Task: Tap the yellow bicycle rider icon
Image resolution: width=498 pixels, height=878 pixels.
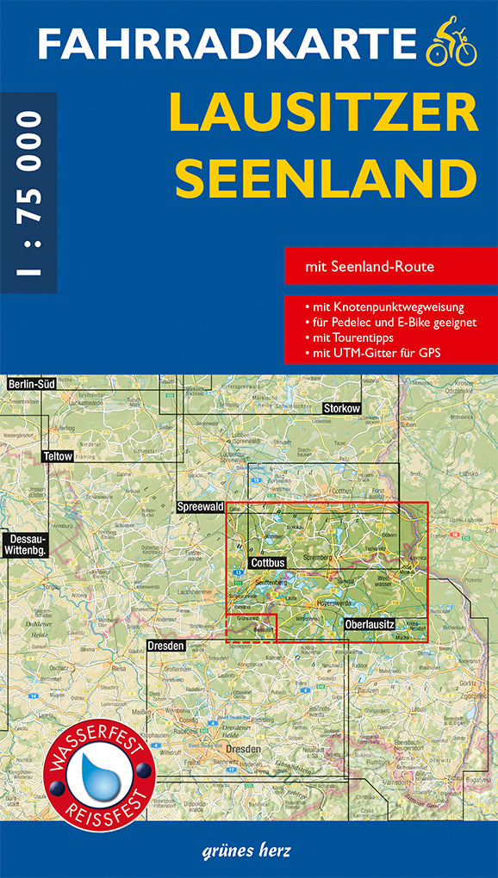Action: click(451, 46)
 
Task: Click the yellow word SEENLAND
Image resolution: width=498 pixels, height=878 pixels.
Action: click(332, 178)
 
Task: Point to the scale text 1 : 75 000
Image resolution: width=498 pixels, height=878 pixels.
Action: click(28, 193)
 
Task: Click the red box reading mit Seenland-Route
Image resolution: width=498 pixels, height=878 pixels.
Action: click(390, 267)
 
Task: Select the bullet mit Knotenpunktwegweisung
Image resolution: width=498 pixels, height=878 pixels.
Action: click(383, 307)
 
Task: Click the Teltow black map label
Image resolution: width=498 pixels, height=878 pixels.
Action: click(58, 456)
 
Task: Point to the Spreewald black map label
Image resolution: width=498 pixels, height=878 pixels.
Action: click(200, 508)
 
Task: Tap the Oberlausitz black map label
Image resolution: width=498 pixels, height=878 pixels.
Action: click(369, 623)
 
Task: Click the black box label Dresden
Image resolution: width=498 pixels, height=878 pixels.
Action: click(165, 646)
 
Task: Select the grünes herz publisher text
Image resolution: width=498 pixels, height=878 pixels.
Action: click(249, 851)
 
